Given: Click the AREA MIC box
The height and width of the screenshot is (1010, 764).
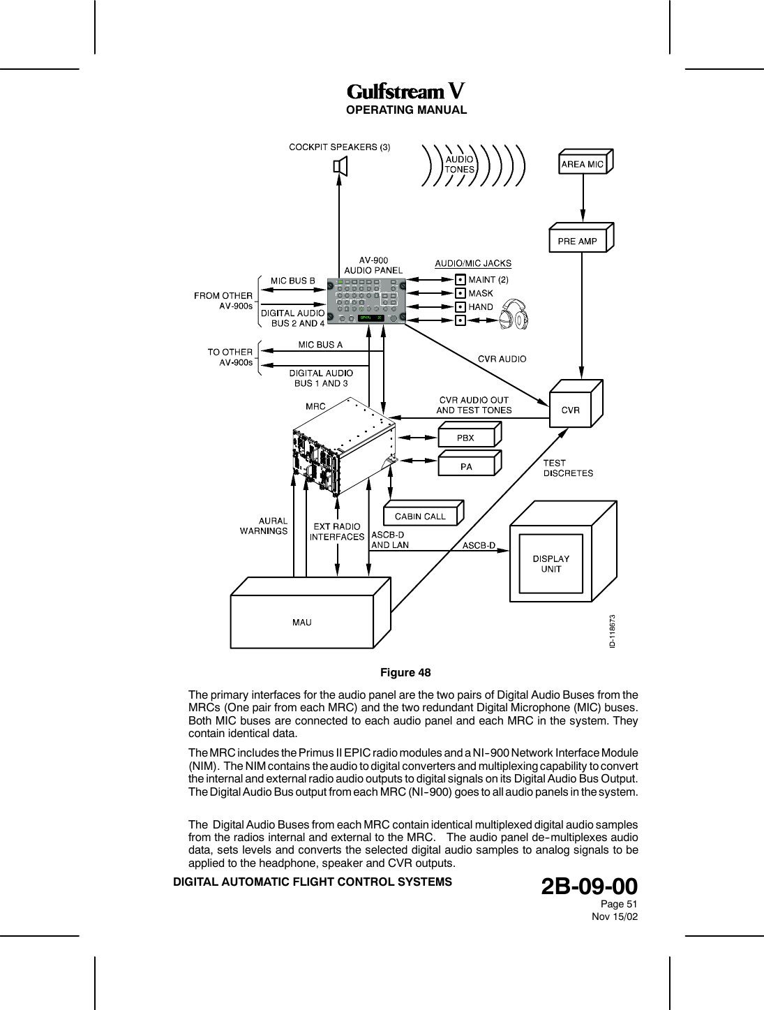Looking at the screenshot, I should coord(583,165).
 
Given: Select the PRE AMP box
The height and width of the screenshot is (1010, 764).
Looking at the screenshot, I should coord(578,241).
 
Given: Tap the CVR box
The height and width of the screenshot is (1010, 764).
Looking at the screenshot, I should coord(571,410).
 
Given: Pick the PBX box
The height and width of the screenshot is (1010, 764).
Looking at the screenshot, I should coord(465,438).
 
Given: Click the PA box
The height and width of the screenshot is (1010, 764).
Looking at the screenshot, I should coord(465,467).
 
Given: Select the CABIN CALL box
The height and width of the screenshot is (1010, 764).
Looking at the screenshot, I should coord(420,517).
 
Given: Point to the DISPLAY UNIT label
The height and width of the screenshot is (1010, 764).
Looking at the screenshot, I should coord(550,564).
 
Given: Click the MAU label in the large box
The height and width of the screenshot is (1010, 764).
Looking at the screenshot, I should coord(302,623).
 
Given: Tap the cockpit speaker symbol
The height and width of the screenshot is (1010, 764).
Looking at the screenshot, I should coord(340,168).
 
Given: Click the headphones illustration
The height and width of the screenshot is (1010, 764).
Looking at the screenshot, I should coord(514,315).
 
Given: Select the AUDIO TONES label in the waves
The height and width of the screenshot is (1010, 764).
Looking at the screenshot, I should coord(459,164).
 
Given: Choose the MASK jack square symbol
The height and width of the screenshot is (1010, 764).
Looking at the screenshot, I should coord(460,293).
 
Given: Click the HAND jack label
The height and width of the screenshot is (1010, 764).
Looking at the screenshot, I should coord(481,307).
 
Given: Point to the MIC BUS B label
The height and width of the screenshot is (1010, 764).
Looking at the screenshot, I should coord(293,281).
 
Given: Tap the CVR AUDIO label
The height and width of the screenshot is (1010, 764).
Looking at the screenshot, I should coord(502,359).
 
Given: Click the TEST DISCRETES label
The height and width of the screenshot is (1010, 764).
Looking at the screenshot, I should coord(568,468).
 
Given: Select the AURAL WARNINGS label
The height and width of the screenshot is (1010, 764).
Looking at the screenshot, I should coord(264,526).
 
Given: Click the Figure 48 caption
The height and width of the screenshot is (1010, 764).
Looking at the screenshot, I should coord(405,673).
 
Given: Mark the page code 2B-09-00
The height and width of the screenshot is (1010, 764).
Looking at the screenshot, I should coord(589,886).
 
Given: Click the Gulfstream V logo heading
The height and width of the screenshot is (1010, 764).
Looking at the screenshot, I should coord(405,92).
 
